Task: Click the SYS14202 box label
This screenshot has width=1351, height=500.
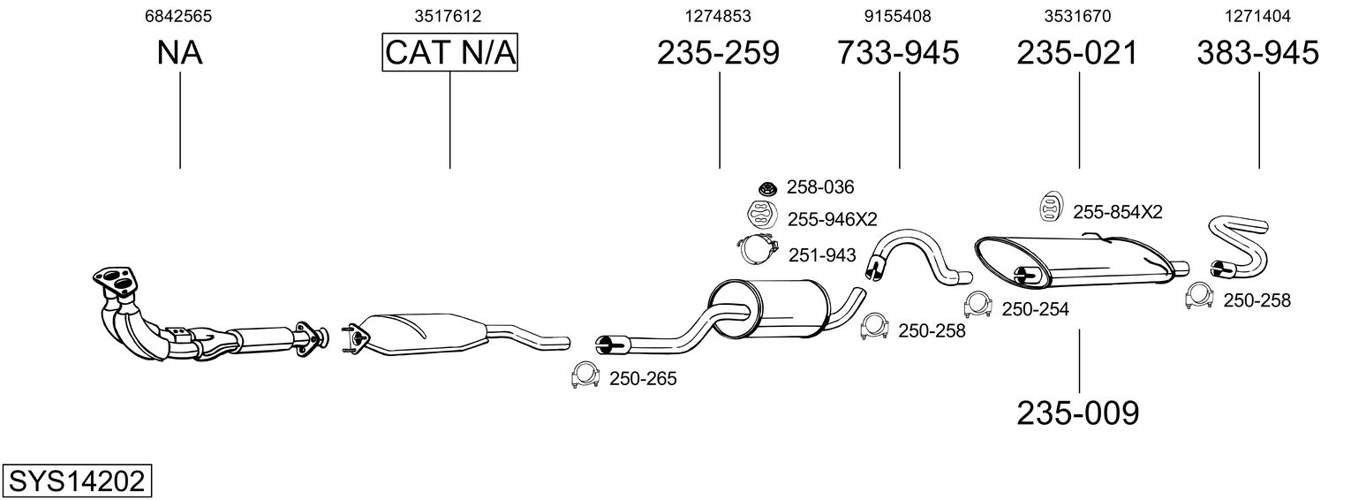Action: coord(76,481)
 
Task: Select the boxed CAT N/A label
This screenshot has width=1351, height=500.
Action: coord(449,53)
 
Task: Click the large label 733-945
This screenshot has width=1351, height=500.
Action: coord(898,53)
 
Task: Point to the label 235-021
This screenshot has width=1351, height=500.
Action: coord(1077,53)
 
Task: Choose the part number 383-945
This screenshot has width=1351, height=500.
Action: coord(1257,53)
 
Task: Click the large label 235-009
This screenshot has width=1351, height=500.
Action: coord(1077,413)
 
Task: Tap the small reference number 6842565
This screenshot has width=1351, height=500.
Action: coord(178,16)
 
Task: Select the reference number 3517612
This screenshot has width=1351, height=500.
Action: coord(449,16)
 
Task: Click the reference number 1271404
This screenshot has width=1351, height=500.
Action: coord(1257,16)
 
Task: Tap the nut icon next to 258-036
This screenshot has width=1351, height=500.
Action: coord(767,187)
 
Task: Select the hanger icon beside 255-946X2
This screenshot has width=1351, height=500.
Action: coord(759,215)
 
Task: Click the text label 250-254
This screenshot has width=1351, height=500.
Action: coord(1035,309)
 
